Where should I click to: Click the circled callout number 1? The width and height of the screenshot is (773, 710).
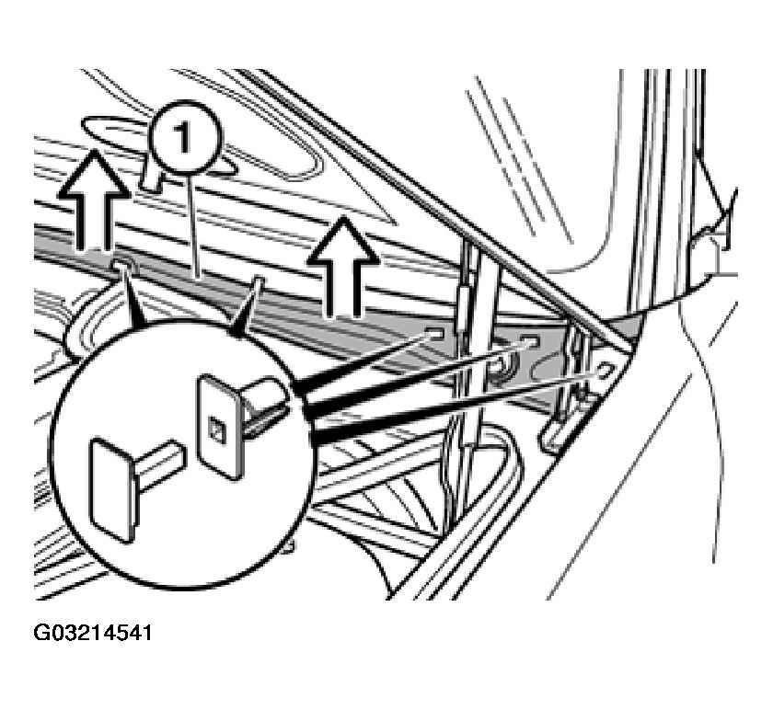tap(186, 138)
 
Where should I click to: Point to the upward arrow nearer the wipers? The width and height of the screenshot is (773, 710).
tap(343, 266)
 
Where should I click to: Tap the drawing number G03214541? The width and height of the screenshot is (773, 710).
tap(93, 633)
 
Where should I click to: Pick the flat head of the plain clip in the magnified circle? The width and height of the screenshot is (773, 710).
tap(112, 490)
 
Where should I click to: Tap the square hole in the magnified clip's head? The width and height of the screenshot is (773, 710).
tap(215, 429)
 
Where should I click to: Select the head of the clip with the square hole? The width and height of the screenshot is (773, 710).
tap(221, 427)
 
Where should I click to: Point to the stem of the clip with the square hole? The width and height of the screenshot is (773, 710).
tap(265, 405)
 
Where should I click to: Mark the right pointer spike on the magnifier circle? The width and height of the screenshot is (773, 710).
tap(246, 307)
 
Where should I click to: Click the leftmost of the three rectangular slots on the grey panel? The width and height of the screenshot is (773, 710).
tap(433, 335)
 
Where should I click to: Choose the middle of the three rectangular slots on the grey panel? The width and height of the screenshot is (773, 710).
tap(528, 342)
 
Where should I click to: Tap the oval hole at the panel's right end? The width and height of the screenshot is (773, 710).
tap(605, 370)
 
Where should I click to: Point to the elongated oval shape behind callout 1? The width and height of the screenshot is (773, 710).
tap(157, 146)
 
